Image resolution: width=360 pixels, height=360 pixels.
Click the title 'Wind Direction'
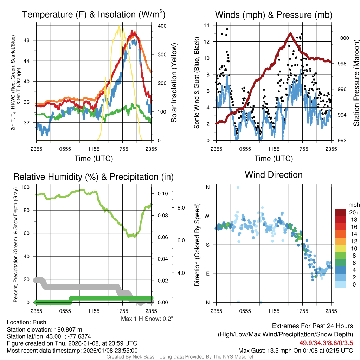tap(274, 175)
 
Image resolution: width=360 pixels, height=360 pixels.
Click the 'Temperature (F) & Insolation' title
tap(94, 15)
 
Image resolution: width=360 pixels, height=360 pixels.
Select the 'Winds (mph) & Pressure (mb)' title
tap(274, 15)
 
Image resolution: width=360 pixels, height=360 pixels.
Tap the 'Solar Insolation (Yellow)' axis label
tap(174, 83)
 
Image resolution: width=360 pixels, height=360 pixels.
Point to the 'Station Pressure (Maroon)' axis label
tap(356, 83)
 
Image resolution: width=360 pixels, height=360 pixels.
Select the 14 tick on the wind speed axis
tap(207, 25)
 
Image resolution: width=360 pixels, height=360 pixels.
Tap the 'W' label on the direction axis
tap(207, 216)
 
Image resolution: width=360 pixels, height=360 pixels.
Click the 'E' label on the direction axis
tap(207, 274)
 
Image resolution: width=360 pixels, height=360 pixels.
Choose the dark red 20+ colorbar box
tap(340, 212)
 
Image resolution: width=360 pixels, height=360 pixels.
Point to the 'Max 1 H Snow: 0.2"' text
tap(147, 319)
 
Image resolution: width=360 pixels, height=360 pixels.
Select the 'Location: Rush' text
tap(26, 322)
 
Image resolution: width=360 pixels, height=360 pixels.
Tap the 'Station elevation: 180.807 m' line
tap(44, 329)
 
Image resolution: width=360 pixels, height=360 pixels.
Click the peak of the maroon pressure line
tap(290, 33)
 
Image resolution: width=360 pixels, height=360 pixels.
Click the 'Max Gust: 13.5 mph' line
tap(295, 350)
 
